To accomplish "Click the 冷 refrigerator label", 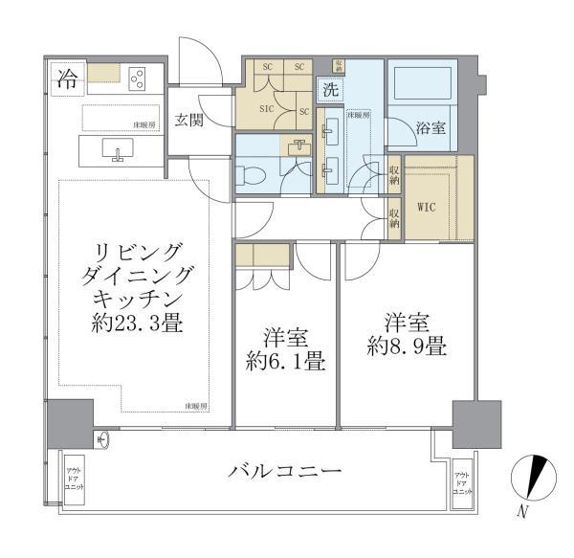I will tap(67, 78).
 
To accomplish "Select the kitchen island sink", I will tap(119, 150).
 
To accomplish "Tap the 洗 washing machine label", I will tap(329, 91).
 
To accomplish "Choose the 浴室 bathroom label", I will tap(430, 126).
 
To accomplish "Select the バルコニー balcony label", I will tap(284, 471).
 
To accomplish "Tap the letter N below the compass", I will tap(522, 512).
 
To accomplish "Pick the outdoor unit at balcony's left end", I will tap(74, 476).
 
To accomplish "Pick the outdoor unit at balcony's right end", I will tap(462, 483).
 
